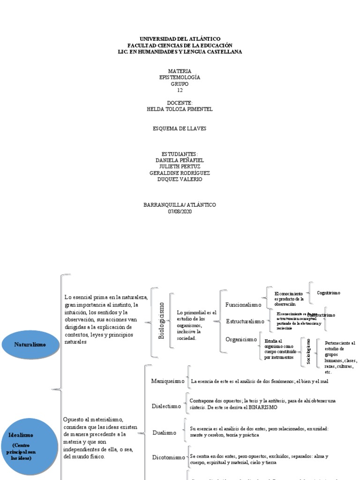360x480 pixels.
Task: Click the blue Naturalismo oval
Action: click(x=30, y=345)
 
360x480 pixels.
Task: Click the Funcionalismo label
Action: click(x=243, y=305)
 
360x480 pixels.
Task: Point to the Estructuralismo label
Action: click(x=245, y=322)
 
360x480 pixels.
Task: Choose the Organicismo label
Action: click(x=241, y=339)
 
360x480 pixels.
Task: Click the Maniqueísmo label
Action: click(x=168, y=381)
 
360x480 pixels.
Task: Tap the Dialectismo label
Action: click(x=166, y=406)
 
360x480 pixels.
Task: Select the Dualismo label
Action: click(x=164, y=433)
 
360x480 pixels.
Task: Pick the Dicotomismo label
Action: click(x=169, y=457)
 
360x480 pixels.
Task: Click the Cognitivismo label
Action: click(x=329, y=292)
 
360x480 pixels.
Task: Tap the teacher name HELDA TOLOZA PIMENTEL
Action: click(x=180, y=109)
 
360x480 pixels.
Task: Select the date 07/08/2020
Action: click(x=180, y=211)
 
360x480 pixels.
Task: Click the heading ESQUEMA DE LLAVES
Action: click(x=180, y=128)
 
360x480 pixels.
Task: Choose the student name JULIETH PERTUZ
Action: click(x=180, y=166)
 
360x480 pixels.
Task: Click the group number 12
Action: click(x=180, y=90)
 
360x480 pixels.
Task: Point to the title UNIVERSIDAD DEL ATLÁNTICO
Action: click(x=180, y=38)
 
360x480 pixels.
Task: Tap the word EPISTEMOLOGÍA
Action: click(x=180, y=77)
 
